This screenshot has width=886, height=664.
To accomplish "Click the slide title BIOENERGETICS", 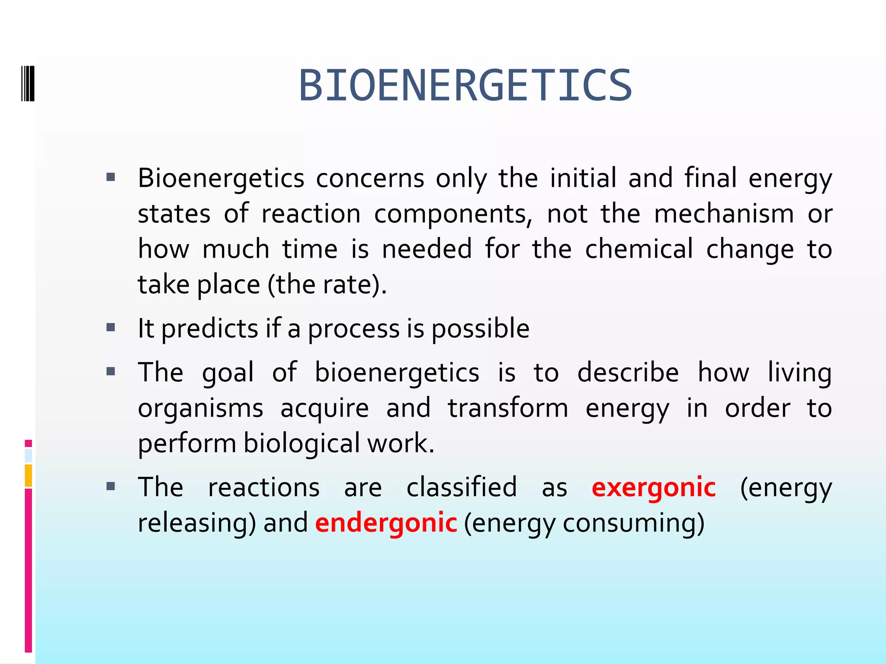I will point(465,86).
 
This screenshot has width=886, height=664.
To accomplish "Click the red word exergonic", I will point(653,488).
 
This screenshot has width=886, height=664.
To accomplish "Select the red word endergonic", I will point(386,523).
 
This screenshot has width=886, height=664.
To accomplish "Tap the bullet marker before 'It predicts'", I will point(111,327).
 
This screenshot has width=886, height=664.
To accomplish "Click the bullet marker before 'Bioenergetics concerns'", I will point(111,177).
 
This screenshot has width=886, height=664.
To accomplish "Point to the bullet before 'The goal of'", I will point(111,371).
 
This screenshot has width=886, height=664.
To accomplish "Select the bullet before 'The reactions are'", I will point(111,487).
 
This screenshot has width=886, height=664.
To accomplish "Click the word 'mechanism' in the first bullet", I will point(723,214).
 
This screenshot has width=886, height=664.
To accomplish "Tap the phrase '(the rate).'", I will point(327,285).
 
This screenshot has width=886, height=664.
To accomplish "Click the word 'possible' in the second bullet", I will point(480,329).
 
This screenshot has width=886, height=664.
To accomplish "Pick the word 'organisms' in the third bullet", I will point(200,409).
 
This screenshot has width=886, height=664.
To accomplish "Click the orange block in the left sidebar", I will point(28,476).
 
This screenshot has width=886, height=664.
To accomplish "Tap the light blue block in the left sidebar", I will point(28,456).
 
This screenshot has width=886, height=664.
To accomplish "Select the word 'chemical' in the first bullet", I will point(639,249).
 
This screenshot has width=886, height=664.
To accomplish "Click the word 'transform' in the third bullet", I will point(507,409).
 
